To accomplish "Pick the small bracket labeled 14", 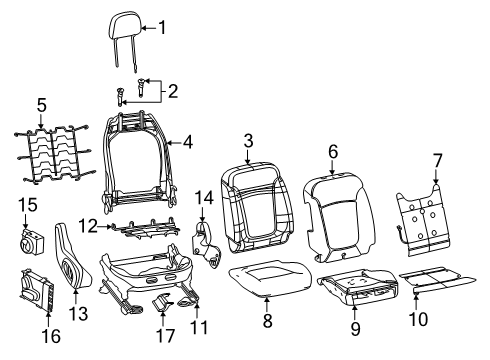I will coord(207,244).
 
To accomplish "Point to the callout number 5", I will coord(41,104).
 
